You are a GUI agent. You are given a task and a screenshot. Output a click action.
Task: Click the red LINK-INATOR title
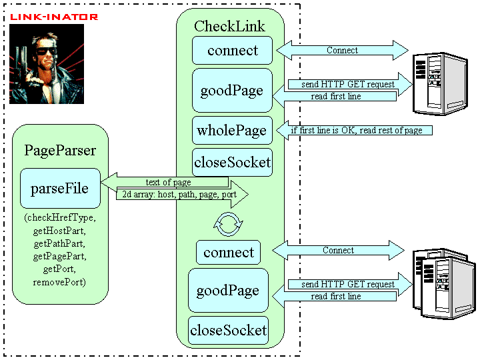tap(54, 17)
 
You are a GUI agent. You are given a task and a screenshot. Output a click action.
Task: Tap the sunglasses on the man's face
tap(47, 51)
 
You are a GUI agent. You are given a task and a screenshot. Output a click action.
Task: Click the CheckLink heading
tap(229, 26)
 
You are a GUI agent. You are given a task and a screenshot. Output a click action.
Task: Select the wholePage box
tap(232, 130)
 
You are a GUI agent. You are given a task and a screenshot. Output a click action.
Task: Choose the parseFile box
tap(60, 188)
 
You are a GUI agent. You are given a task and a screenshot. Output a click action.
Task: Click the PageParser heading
tap(60, 150)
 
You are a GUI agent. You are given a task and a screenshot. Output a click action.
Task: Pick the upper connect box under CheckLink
tap(232, 50)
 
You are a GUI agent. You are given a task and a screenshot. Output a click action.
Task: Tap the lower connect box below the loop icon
tap(229, 252)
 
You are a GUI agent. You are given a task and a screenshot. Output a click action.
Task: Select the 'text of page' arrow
tap(165, 182)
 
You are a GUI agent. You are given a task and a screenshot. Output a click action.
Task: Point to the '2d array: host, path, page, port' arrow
tap(183, 194)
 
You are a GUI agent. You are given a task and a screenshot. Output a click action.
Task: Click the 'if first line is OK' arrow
tap(354, 130)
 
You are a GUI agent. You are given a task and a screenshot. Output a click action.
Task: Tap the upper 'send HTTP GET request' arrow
tap(350, 84)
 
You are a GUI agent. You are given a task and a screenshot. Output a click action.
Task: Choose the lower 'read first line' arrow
tap(334, 296)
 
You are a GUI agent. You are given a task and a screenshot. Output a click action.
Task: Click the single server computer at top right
tap(440, 84)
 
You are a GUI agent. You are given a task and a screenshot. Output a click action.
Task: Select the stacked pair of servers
tap(444, 283)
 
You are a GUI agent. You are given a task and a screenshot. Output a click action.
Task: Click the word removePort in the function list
tap(59, 281)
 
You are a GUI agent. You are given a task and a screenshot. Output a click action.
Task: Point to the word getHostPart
tap(59, 231)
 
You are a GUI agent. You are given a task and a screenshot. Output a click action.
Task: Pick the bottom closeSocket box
tap(229, 330)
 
